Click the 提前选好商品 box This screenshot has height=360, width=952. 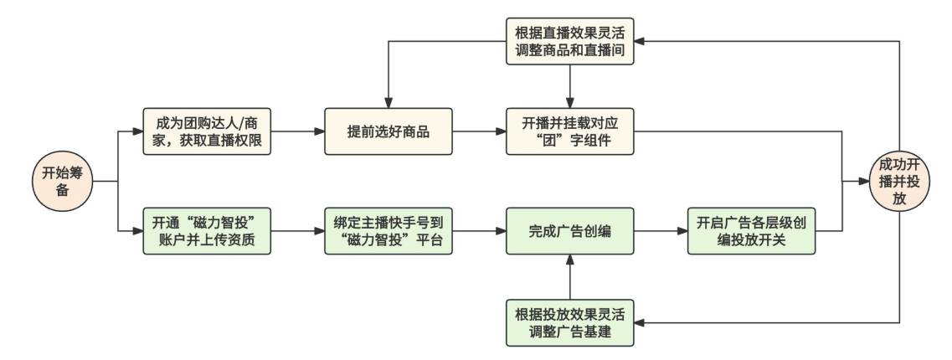click(x=389, y=131)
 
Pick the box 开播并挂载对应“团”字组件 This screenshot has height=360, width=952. click(x=569, y=131)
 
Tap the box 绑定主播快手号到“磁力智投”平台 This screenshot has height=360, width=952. click(x=389, y=229)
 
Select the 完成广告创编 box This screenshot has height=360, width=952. click(x=569, y=229)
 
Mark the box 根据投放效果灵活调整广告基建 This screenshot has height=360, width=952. click(x=569, y=321)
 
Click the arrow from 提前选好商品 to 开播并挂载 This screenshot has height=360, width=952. click(x=478, y=131)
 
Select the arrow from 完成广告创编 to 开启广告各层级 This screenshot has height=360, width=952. click(x=660, y=229)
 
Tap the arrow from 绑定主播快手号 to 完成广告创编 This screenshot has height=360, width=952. click(x=478, y=229)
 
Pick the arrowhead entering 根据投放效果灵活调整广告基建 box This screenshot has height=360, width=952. click(x=639, y=321)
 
